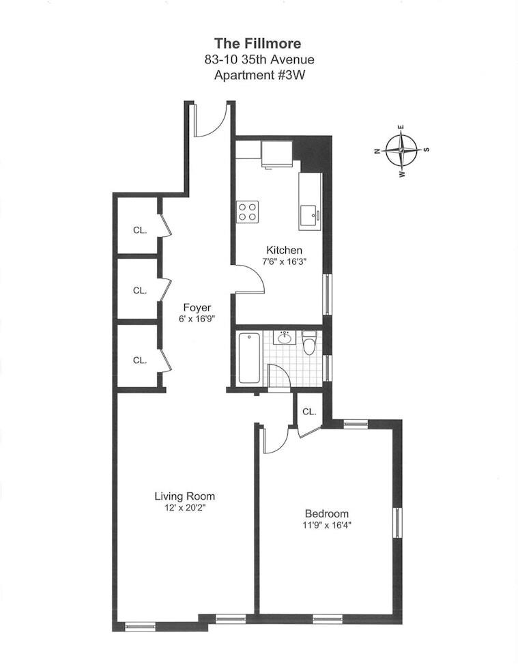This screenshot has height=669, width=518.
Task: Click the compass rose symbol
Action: tap(402, 150)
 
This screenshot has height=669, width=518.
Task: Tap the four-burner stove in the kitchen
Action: tap(247, 212)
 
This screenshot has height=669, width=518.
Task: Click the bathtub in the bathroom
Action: tap(249, 358)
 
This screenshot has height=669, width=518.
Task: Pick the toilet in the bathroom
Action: tap(309, 343)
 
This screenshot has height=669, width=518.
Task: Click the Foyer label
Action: tap(197, 307)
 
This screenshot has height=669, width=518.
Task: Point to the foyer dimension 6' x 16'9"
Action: tap(197, 319)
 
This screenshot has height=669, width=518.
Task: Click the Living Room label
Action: tap(184, 496)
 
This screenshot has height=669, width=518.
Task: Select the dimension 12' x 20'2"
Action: tap(184, 509)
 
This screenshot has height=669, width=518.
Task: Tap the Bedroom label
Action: tap(326, 513)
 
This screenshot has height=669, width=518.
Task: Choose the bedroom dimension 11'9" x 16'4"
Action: tap(326, 526)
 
